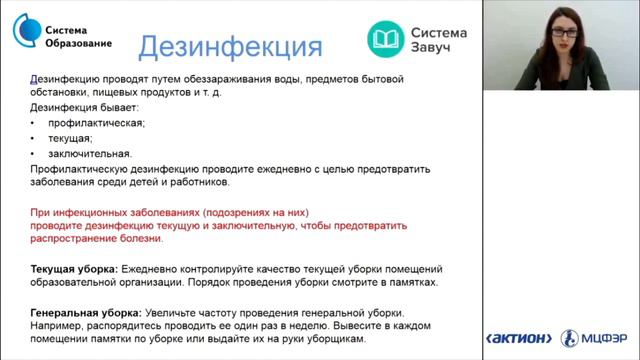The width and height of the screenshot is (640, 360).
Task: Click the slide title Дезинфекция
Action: coord(229,46)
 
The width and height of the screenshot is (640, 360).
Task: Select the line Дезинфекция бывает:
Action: coord(84,107)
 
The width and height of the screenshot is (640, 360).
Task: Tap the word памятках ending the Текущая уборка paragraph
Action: coord(410,283)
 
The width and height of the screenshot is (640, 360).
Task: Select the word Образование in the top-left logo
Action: coord(80,43)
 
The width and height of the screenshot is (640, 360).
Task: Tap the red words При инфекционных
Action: coord(72,213)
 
